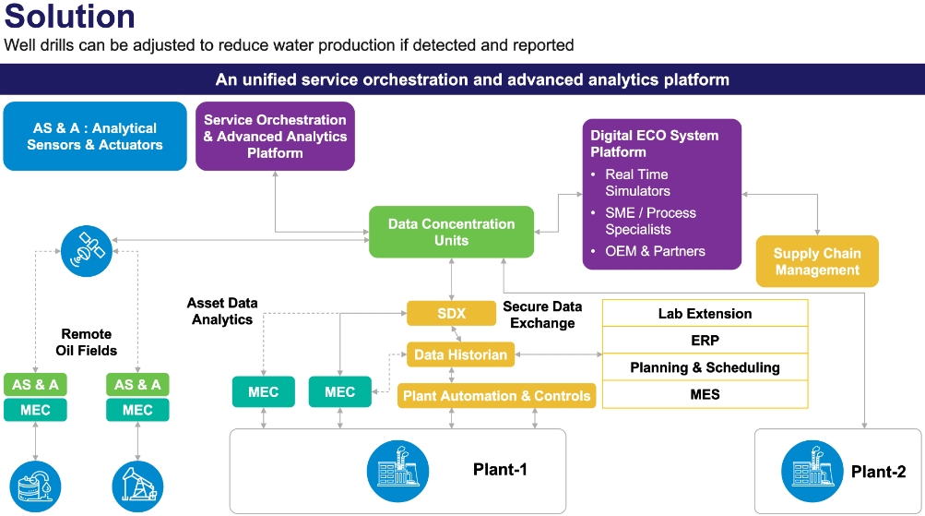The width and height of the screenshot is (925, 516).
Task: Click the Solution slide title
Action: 69,17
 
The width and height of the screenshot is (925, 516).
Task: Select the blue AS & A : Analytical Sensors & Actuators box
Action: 95,137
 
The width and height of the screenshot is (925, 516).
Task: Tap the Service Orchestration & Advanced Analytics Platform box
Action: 275,137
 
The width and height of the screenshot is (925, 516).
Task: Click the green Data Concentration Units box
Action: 451,232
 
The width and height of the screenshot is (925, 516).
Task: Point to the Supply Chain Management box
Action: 817,262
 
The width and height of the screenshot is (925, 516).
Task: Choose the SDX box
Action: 452,313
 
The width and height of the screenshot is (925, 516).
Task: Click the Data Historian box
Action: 460,354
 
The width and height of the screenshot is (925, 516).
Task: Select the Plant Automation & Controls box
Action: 497,396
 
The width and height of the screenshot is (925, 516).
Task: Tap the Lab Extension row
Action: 705,314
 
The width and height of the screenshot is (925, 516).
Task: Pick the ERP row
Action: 705,341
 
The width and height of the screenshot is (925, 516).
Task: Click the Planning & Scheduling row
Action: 705,367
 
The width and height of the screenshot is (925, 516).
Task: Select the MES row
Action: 705,394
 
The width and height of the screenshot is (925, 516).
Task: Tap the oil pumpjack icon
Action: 137,486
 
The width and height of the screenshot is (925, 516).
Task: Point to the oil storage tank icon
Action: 35,486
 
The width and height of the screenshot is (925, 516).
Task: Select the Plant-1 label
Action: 500,470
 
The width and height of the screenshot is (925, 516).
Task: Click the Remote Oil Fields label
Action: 87,342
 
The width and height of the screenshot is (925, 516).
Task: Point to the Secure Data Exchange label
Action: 542,315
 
